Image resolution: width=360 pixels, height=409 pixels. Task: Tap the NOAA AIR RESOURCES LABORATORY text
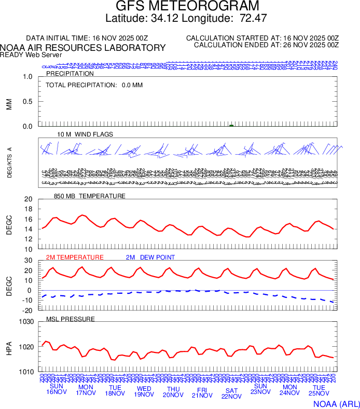(x=83, y=48)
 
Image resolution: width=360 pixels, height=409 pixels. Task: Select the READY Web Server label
(x=31, y=55)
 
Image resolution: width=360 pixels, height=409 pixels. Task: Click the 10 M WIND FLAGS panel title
(x=85, y=134)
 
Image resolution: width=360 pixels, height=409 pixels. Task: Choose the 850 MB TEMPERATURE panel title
(x=90, y=196)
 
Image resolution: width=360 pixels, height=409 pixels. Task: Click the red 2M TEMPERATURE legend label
(x=75, y=257)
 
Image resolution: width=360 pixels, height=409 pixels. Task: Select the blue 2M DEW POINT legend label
(x=150, y=257)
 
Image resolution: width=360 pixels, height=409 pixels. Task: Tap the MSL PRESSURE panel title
(x=71, y=319)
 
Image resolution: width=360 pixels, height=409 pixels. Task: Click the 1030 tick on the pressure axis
(x=26, y=322)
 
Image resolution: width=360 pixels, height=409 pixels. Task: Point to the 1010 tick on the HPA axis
(x=26, y=372)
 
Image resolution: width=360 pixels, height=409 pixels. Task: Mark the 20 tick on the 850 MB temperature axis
(x=28, y=199)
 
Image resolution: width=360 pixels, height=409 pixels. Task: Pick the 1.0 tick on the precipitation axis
(x=27, y=77)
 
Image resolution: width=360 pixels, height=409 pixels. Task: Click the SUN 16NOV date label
(x=57, y=389)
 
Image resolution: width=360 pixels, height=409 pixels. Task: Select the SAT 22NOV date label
(x=231, y=393)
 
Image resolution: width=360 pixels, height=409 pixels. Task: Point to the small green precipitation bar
(x=231, y=125)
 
